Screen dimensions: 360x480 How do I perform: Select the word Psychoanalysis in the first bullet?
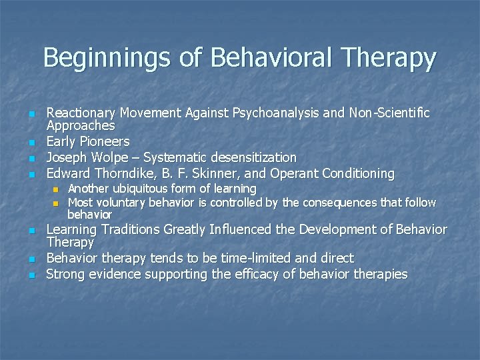point(263,113)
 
